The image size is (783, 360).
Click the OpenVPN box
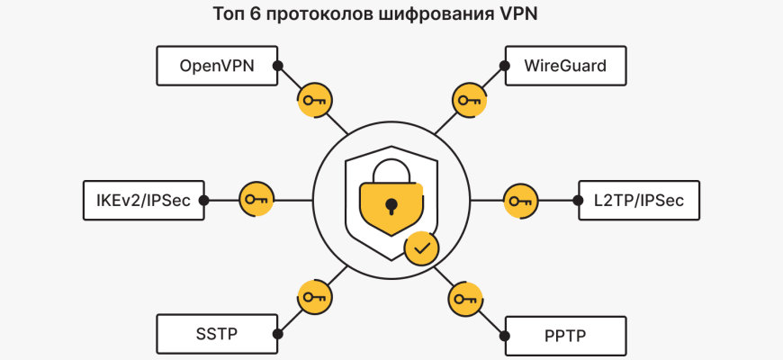pos(216,66)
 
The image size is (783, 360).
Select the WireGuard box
pos(564,66)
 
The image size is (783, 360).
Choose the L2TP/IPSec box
pos(638,200)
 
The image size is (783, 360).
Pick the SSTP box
pos(216,335)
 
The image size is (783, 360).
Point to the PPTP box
pos(564,336)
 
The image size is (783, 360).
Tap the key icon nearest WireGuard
pos(467,100)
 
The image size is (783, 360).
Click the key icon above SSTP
pos(312,298)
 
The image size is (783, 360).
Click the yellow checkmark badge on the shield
pos(421,246)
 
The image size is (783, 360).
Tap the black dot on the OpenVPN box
pos(278,66)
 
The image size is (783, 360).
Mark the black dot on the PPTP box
pos(504,336)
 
